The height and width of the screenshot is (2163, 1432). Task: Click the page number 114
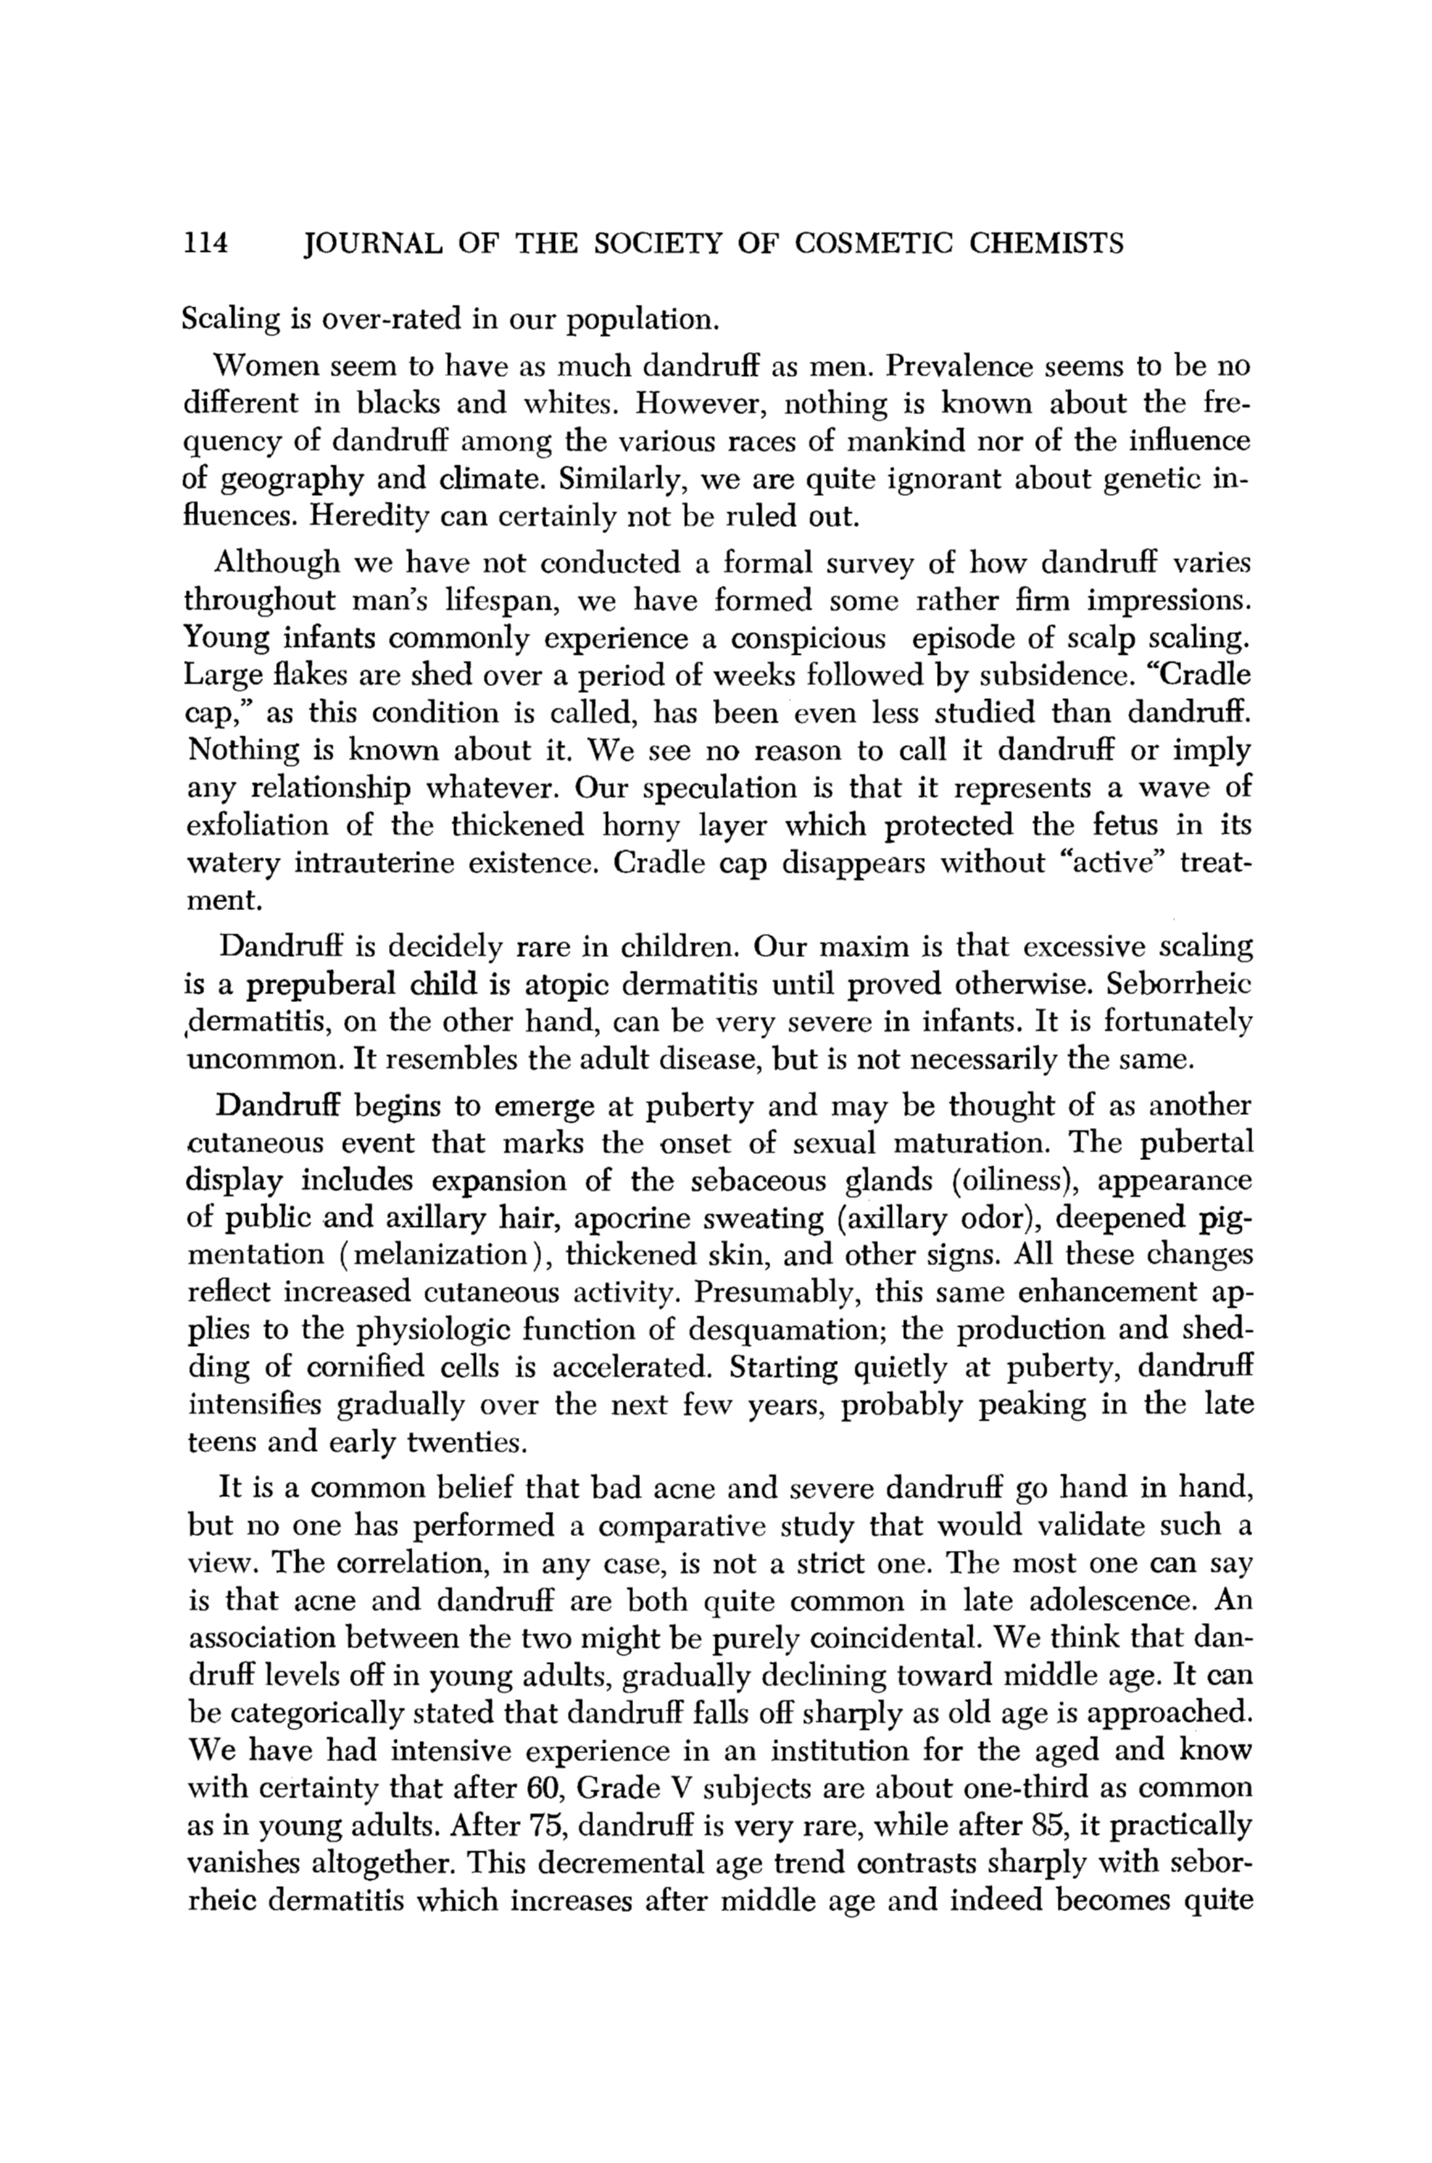[x=205, y=244]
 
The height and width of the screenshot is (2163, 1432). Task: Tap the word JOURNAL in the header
[x=373, y=244]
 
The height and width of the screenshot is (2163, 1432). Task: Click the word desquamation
[x=789, y=1330]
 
